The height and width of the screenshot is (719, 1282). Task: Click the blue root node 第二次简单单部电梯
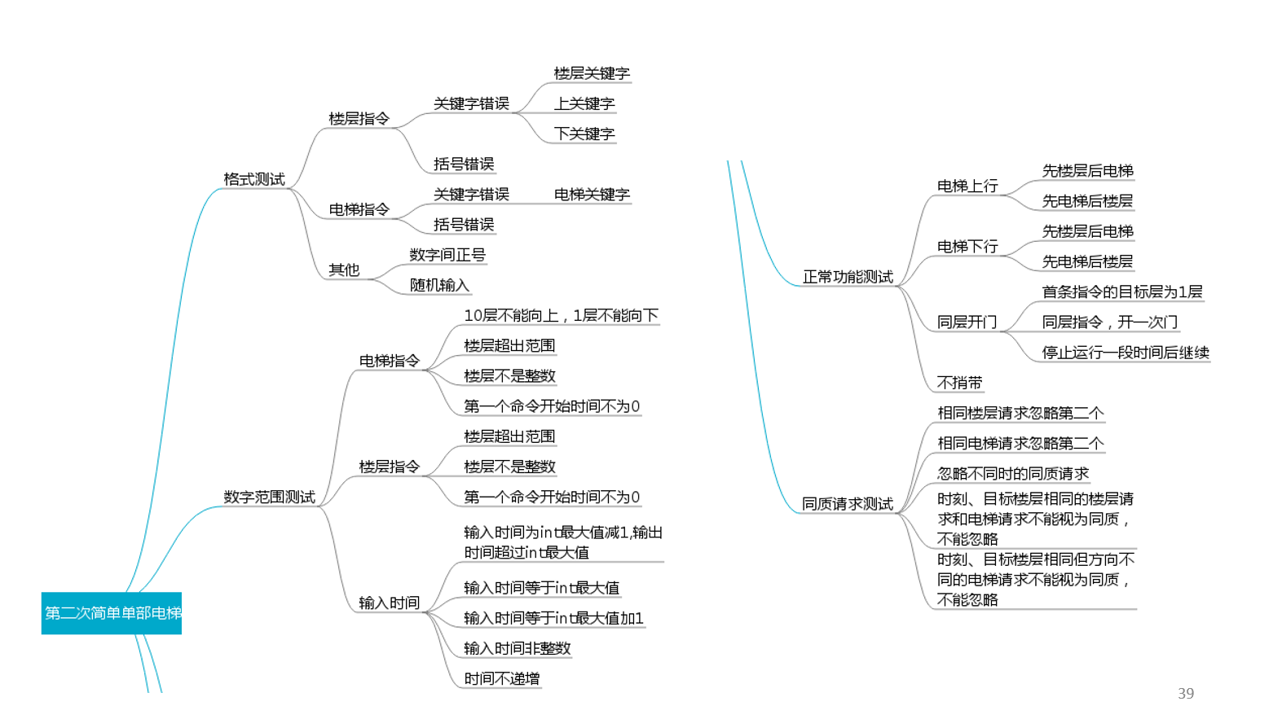pos(112,613)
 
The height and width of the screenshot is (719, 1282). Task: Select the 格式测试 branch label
pos(254,179)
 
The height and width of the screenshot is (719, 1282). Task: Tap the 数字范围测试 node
pos(269,497)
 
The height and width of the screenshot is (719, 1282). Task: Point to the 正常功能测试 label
pos(848,277)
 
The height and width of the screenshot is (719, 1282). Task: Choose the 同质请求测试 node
pos(848,504)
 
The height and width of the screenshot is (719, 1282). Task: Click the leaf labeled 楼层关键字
pos(592,73)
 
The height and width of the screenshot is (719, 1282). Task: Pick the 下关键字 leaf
pos(584,134)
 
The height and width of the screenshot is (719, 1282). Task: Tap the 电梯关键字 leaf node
pos(592,195)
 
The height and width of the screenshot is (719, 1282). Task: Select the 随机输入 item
pos(439,285)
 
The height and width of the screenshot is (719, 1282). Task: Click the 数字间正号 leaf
pos(447,255)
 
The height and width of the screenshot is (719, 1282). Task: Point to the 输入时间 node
pos(389,603)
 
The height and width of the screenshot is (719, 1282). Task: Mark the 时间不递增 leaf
pos(501,678)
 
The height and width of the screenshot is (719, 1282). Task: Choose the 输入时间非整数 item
pos(517,648)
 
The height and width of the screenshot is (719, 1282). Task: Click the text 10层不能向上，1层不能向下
pos(561,315)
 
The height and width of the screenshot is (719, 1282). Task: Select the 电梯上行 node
pos(967,186)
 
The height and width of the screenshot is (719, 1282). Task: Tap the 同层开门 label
pos(967,322)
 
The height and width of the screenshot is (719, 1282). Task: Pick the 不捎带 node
pos(959,383)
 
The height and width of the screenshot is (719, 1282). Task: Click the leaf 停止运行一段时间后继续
pos(1126,353)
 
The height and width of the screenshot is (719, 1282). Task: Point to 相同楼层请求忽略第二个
pos(1020,413)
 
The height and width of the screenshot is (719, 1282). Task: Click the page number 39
pos(1186,693)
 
